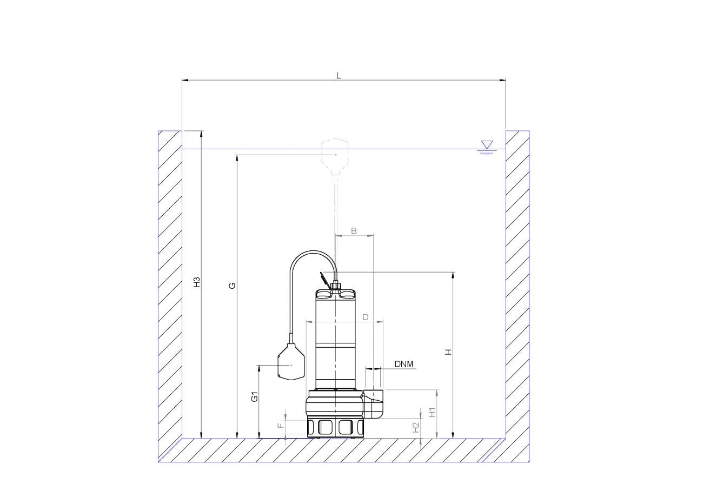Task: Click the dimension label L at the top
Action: click(x=339, y=76)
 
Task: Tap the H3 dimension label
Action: click(x=197, y=282)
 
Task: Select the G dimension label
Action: click(x=232, y=286)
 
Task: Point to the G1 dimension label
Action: click(x=255, y=396)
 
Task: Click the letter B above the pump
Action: click(x=354, y=231)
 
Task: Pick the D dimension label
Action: click(x=366, y=317)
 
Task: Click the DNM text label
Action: click(x=404, y=364)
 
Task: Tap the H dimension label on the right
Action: click(x=449, y=352)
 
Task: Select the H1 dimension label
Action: click(x=433, y=412)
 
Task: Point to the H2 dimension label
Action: click(x=416, y=428)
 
